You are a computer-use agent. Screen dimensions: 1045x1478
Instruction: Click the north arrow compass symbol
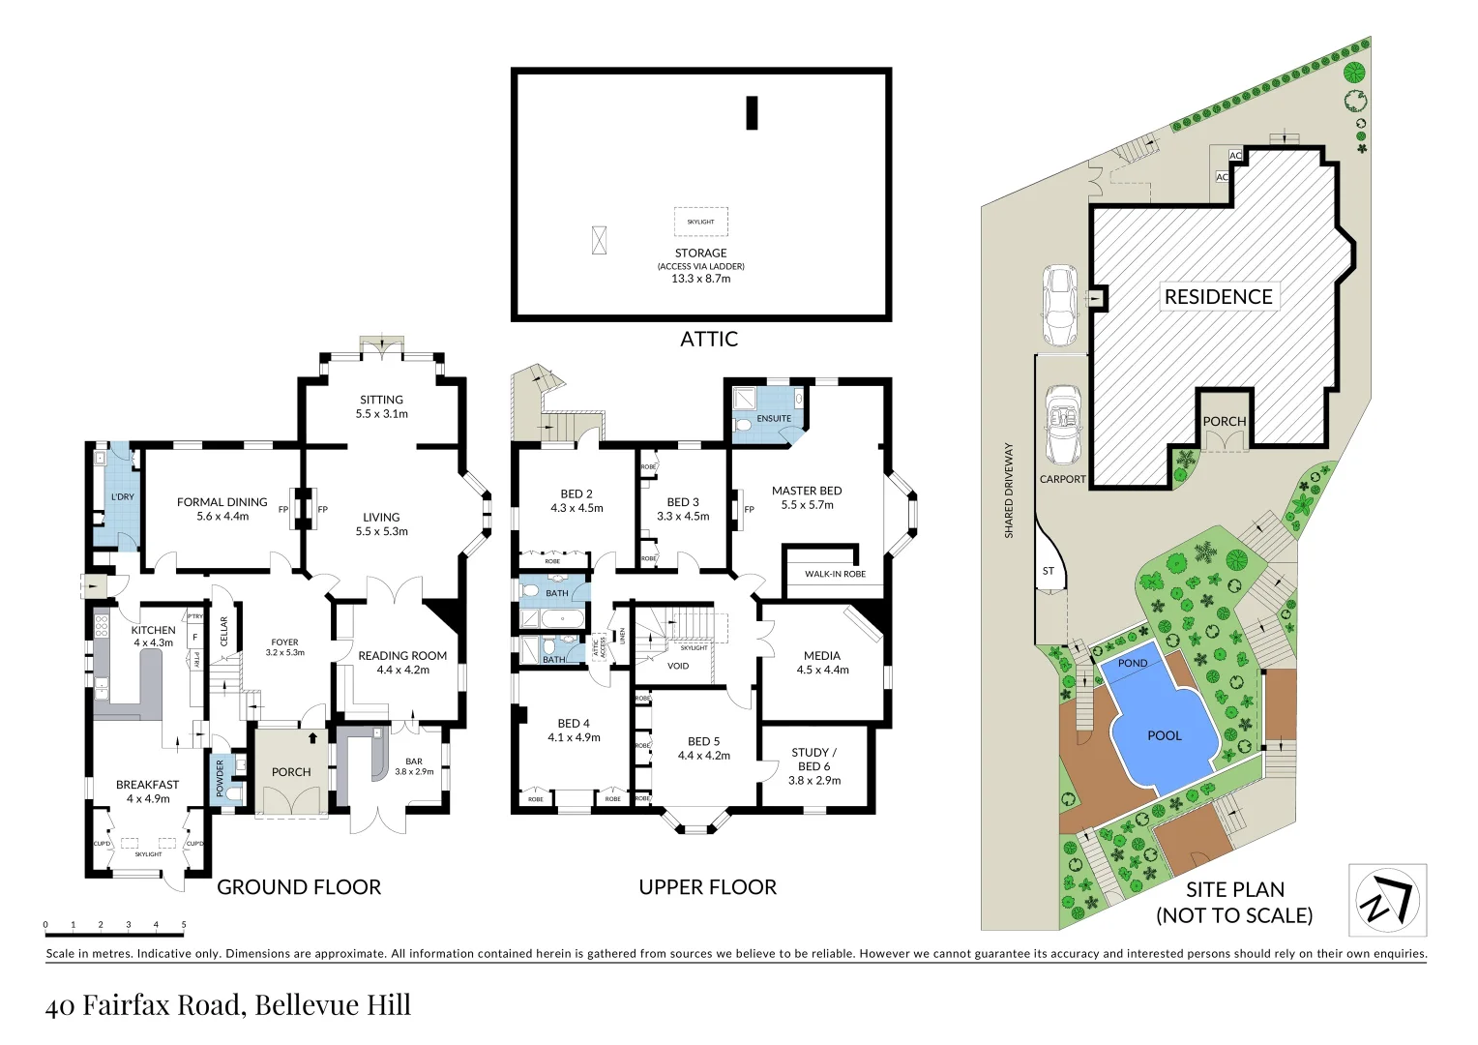click(x=1387, y=900)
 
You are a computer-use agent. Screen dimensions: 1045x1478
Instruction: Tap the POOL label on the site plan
click(x=1164, y=735)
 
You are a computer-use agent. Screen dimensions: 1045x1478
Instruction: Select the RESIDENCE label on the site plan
click(x=1218, y=297)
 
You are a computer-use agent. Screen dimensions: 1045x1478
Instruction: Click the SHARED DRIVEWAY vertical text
click(x=1009, y=491)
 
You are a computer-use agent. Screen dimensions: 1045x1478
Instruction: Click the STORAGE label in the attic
click(x=700, y=253)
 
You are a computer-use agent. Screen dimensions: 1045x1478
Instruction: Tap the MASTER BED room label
click(x=807, y=491)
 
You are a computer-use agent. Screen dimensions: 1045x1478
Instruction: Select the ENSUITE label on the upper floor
click(x=774, y=419)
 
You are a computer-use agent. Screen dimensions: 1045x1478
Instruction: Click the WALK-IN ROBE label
click(x=835, y=574)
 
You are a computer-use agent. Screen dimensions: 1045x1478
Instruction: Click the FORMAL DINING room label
click(x=222, y=502)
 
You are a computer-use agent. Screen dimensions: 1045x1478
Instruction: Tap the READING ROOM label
click(x=402, y=656)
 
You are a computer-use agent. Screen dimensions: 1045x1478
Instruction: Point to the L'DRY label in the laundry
click(x=123, y=497)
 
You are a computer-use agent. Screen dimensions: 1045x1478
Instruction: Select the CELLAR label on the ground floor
click(x=224, y=632)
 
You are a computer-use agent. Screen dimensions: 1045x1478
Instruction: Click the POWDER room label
click(x=221, y=778)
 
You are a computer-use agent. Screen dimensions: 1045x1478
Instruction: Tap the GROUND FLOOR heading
click(x=299, y=887)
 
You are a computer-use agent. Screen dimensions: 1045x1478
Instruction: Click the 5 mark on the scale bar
click(x=184, y=925)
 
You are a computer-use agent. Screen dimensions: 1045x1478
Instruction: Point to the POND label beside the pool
click(x=1132, y=664)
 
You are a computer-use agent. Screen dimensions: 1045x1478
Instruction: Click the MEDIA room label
click(x=821, y=656)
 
